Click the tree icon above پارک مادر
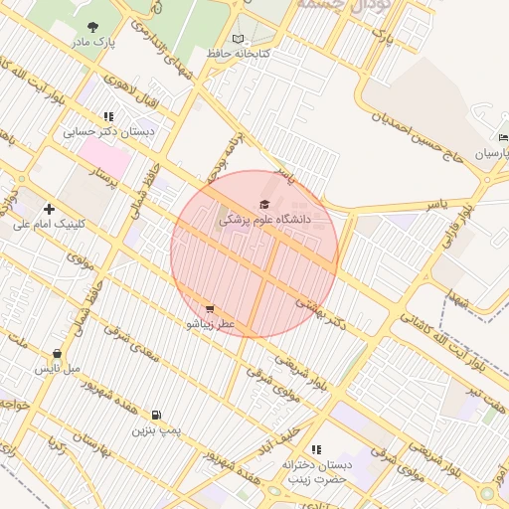(93, 28)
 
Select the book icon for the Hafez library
(237, 39)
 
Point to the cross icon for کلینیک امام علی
(49, 209)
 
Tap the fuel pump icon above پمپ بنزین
(156, 415)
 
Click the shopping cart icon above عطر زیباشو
(209, 309)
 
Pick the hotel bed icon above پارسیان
(504, 138)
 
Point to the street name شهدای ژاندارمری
(170, 45)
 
